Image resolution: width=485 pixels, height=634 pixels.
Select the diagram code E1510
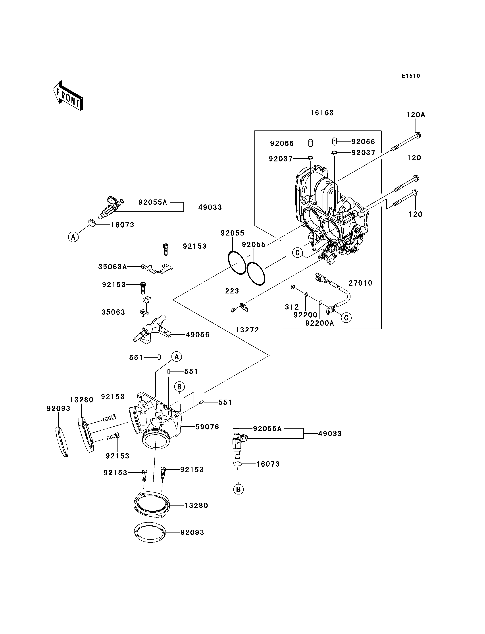pyautogui.click(x=411, y=76)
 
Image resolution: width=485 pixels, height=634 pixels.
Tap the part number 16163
pyautogui.click(x=322, y=113)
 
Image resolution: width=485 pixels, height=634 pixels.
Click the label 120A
pyautogui.click(x=416, y=115)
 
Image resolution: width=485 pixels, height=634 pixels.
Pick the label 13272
pyautogui.click(x=247, y=330)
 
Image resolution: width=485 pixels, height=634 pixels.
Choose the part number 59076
pyautogui.click(x=207, y=427)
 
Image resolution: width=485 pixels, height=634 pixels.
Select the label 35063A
pyautogui.click(x=113, y=267)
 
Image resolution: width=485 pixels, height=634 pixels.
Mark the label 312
pyautogui.click(x=292, y=307)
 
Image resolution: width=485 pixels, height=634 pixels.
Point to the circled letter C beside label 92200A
pyautogui.click(x=346, y=318)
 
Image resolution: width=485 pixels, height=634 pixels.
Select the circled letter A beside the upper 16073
pyautogui.click(x=73, y=237)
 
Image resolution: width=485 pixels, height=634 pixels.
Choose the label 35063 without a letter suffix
pyautogui.click(x=113, y=312)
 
